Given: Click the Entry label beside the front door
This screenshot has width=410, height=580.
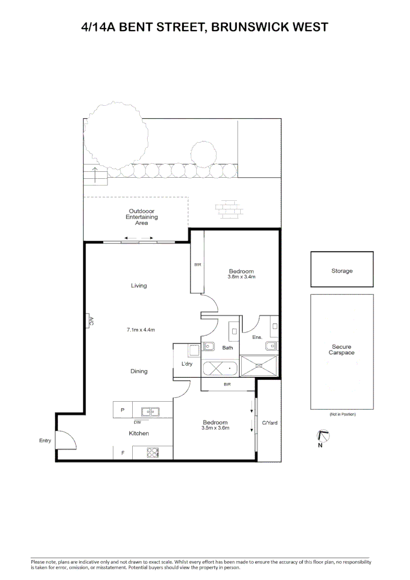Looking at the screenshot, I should pos(45,441).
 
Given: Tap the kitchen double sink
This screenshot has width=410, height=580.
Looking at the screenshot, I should pos(150,412).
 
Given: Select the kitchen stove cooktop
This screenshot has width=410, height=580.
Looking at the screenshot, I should pos(153,453).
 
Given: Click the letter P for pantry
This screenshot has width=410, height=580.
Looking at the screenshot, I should pos(123,410).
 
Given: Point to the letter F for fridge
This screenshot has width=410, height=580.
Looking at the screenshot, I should pos(123,453).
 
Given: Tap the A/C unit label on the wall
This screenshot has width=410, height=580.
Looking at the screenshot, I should pos(90,321).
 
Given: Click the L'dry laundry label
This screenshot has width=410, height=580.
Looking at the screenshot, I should pos(186,364).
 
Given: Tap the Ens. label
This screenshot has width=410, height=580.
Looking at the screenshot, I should pos(257,337).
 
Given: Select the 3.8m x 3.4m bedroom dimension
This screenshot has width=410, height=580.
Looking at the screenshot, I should pos(241,278).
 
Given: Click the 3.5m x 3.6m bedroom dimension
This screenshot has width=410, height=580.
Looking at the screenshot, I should pos(215,428).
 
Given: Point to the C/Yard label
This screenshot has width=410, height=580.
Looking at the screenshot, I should pos(269,423).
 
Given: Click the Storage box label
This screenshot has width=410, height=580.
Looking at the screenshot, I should pos(342,271).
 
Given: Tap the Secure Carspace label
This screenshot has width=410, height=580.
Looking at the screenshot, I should pos(342,350).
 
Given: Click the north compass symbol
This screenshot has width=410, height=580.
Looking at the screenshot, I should pos(323,437).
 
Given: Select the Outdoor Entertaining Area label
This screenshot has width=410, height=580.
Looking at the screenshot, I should pos(142,217).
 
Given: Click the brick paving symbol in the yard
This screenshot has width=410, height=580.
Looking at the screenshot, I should pos(228,208).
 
